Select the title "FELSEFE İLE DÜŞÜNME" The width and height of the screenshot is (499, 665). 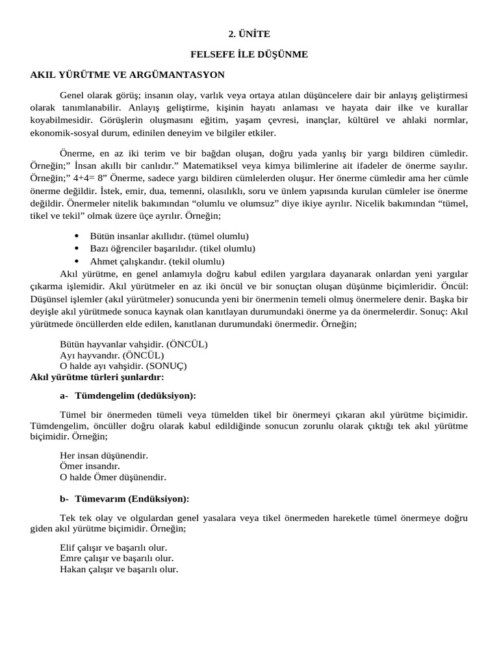(x=249, y=55)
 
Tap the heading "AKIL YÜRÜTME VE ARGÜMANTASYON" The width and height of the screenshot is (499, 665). (x=127, y=75)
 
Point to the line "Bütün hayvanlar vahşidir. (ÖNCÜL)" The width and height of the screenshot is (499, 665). (x=134, y=344)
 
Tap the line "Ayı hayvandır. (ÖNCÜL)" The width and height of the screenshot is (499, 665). (x=112, y=355)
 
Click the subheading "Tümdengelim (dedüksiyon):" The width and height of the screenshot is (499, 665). (x=135, y=395)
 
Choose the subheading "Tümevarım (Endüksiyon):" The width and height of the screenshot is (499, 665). (x=133, y=499)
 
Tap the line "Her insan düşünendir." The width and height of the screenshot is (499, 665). (x=104, y=455)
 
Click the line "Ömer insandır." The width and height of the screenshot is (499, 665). (x=90, y=466)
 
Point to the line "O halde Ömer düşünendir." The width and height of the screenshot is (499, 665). (x=113, y=477)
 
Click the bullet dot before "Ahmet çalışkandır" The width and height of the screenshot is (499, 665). (x=77, y=261)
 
